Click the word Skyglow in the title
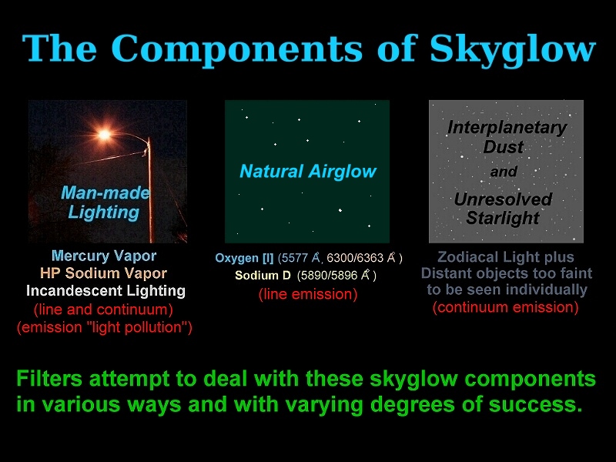513,49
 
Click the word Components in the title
237,49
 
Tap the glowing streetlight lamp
104,135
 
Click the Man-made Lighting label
105,203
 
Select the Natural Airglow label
307,171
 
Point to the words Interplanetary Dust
507,137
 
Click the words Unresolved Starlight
504,208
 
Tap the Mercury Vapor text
104,256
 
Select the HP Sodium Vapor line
104,273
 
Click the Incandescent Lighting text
105,291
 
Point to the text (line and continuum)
103,310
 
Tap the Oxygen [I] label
244,258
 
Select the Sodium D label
263,276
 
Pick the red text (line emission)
308,294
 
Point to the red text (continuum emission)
506,307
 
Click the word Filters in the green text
49,379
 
